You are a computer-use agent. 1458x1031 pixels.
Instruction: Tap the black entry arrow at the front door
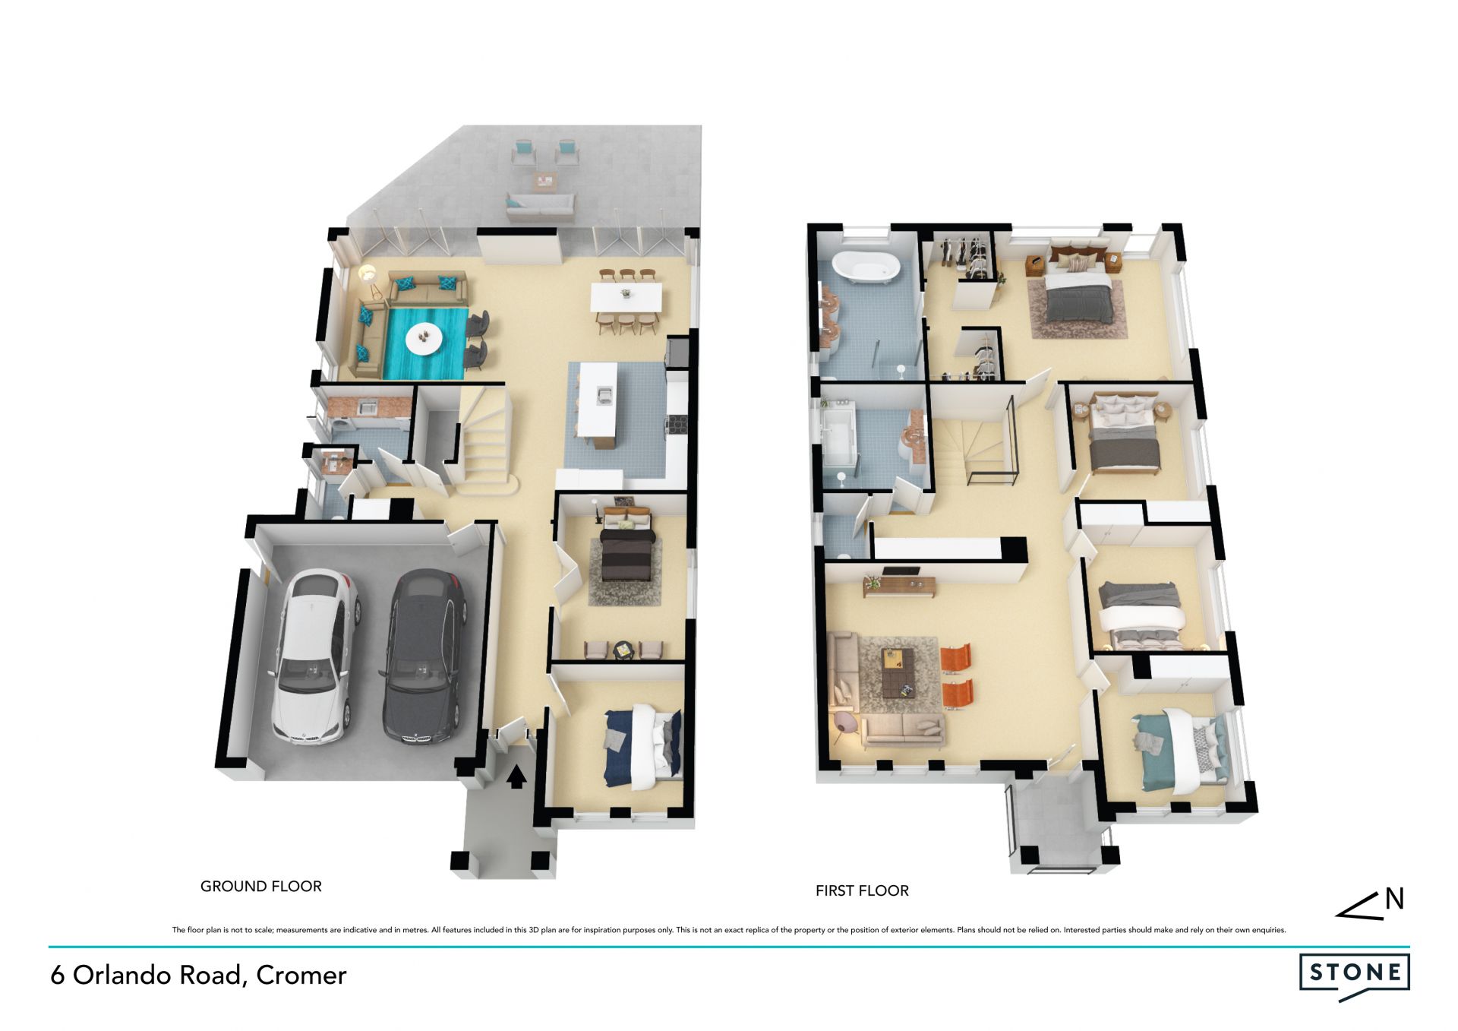click(516, 777)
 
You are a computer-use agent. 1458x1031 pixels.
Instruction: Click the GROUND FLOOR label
click(260, 886)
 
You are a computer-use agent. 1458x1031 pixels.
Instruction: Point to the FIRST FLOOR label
click(862, 890)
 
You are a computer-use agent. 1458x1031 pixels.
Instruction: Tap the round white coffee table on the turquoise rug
click(423, 338)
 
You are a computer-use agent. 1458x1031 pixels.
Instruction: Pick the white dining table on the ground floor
click(626, 296)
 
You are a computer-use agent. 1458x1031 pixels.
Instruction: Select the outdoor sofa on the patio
click(540, 206)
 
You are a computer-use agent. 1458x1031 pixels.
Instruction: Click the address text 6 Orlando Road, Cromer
click(198, 976)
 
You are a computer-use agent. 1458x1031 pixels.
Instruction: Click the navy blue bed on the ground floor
click(642, 747)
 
